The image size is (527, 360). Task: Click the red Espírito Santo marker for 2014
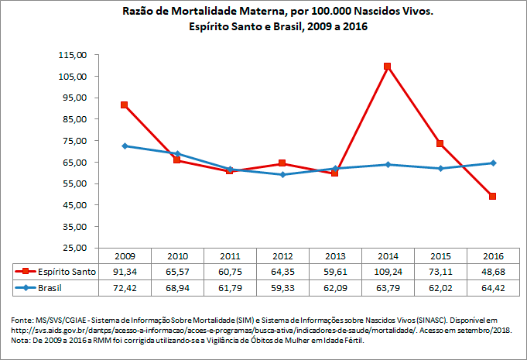coord(387,67)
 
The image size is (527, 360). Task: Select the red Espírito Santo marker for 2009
coord(124,105)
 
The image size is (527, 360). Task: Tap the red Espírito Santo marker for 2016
coord(492,197)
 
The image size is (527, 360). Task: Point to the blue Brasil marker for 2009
coord(124,146)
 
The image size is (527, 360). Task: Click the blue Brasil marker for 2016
coord(492,163)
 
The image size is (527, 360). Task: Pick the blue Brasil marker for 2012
coord(282,174)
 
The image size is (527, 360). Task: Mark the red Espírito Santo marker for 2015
coord(440,143)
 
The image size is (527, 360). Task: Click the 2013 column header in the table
coord(334,255)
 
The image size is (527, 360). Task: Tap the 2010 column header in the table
coord(176,255)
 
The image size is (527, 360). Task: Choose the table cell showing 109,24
coord(387,271)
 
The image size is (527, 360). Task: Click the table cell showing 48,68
coord(492,271)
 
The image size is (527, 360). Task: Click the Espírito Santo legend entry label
coord(66,271)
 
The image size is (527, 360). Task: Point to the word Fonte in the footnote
coord(22,320)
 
